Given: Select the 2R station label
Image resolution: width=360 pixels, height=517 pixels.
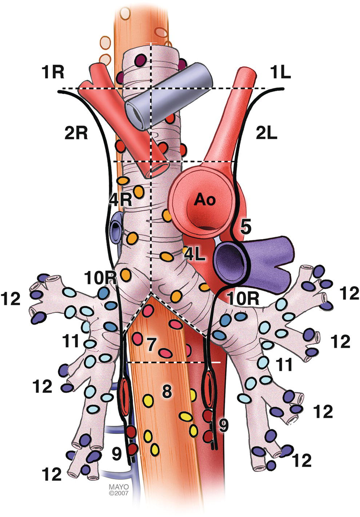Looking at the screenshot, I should (77, 134).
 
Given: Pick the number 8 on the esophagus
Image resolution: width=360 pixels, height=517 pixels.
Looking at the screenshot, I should (167, 391).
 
